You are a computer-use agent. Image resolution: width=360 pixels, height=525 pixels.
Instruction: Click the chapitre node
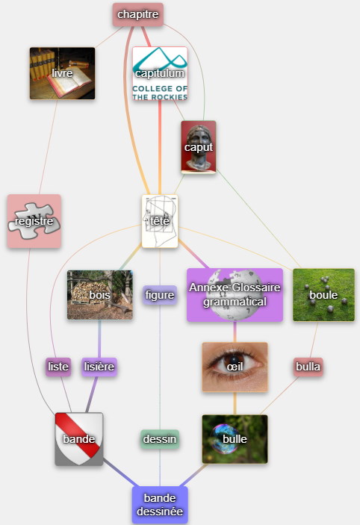coord(137,14)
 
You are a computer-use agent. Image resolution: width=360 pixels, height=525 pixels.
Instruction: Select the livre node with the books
coord(62,73)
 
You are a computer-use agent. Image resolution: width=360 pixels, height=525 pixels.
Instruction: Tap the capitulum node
coord(160,74)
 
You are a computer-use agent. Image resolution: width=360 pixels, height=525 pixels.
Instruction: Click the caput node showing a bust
coord(199,147)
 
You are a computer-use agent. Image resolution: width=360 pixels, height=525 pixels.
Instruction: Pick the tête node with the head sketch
coord(160,221)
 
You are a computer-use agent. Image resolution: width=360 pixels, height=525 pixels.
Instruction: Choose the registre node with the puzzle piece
coord(34,221)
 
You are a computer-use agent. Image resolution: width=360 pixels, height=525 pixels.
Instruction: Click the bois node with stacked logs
coord(100,295)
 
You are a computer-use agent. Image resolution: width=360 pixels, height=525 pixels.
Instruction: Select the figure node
coord(160,295)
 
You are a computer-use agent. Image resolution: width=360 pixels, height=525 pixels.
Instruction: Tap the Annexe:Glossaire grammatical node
coord(235,295)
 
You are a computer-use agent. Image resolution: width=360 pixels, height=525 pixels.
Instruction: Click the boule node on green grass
coord(323,295)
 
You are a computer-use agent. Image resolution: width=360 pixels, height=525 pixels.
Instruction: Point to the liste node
coord(58,367)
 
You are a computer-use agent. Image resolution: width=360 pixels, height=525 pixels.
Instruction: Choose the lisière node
coord(99,367)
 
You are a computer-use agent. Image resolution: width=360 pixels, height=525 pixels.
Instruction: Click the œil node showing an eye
coord(235,367)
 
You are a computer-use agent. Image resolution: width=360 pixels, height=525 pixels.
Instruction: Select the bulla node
coord(308,367)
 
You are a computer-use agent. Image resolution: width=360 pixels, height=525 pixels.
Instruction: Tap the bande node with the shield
coord(79,439)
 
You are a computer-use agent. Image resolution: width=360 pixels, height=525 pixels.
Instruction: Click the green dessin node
coord(160,439)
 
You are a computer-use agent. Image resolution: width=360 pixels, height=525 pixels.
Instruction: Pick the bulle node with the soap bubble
coord(235,439)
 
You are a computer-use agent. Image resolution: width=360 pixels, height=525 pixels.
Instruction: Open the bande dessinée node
coord(160,505)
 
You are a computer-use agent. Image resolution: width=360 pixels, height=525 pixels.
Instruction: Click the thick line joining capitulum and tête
coord(160,148)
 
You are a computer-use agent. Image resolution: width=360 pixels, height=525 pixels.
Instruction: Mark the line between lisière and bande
coord(92,394)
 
